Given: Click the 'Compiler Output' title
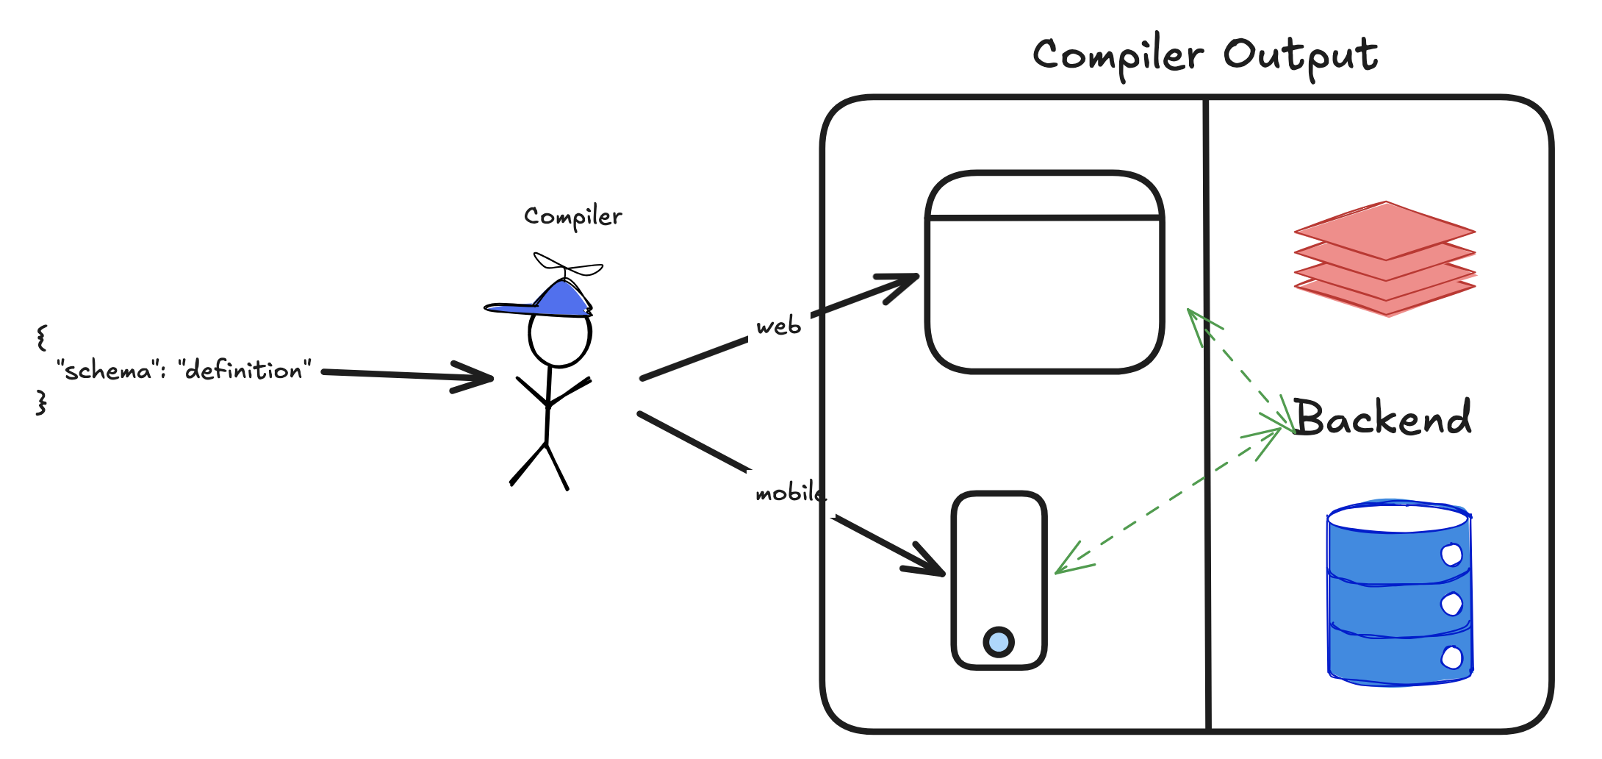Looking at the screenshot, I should click(1204, 55).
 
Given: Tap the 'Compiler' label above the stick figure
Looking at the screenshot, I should click(572, 216).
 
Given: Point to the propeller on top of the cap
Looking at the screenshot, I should click(567, 266).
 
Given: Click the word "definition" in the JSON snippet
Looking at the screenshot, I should click(244, 371).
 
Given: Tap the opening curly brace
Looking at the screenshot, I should click(42, 338).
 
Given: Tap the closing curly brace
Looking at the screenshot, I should click(42, 402).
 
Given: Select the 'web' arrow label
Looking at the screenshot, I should click(778, 327).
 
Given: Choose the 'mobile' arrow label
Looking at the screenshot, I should click(789, 493).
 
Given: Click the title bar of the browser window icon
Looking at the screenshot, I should click(1044, 196).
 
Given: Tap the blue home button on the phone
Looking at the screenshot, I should click(999, 642).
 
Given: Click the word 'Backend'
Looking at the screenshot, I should click(1382, 418).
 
